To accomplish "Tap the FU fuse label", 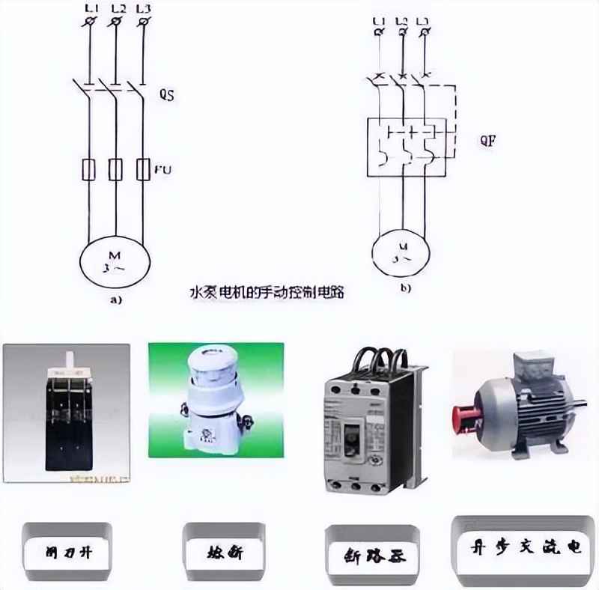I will click(163, 170).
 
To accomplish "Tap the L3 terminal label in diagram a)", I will click(144, 8).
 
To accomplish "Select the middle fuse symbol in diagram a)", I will click(115, 170).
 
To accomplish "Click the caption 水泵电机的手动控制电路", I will click(266, 292).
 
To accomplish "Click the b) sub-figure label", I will click(405, 287).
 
